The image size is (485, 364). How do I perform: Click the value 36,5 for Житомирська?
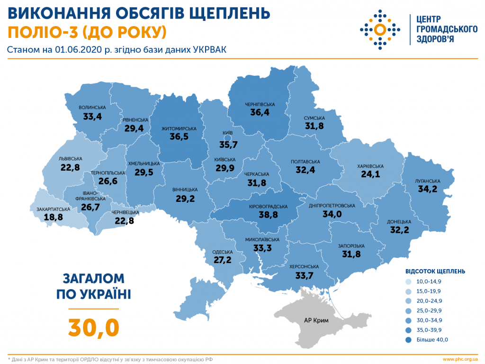[x=179, y=136]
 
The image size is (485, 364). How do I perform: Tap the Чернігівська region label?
[x=260, y=104]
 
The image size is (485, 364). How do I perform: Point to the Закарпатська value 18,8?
[x=53, y=218]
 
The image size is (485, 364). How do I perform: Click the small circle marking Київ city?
[x=227, y=138]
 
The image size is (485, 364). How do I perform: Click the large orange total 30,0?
[x=93, y=327]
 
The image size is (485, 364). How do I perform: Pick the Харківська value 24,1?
[x=370, y=175]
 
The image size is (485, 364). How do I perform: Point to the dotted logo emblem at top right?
[x=379, y=30]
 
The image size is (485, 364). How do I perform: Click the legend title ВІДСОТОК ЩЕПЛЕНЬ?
[x=435, y=272]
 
